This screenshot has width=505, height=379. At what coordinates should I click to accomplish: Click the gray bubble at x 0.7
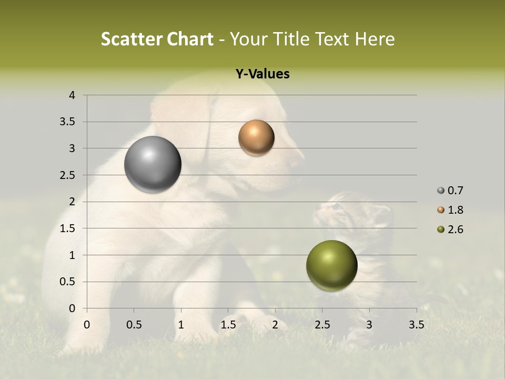click(153, 165)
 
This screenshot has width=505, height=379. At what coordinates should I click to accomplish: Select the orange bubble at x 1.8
click(256, 137)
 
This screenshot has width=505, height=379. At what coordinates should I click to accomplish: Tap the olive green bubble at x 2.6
click(331, 266)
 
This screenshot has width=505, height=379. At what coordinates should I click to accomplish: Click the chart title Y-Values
click(262, 74)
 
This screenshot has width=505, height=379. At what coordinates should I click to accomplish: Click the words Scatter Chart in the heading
click(157, 39)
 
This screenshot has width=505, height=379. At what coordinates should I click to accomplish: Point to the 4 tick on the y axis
click(73, 95)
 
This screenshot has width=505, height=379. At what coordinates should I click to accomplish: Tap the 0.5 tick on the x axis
click(134, 325)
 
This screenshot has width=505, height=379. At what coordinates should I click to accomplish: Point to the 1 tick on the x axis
click(181, 325)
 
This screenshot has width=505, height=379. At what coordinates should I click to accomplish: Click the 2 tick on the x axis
click(275, 325)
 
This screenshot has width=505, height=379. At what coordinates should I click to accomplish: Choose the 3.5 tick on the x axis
click(416, 325)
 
